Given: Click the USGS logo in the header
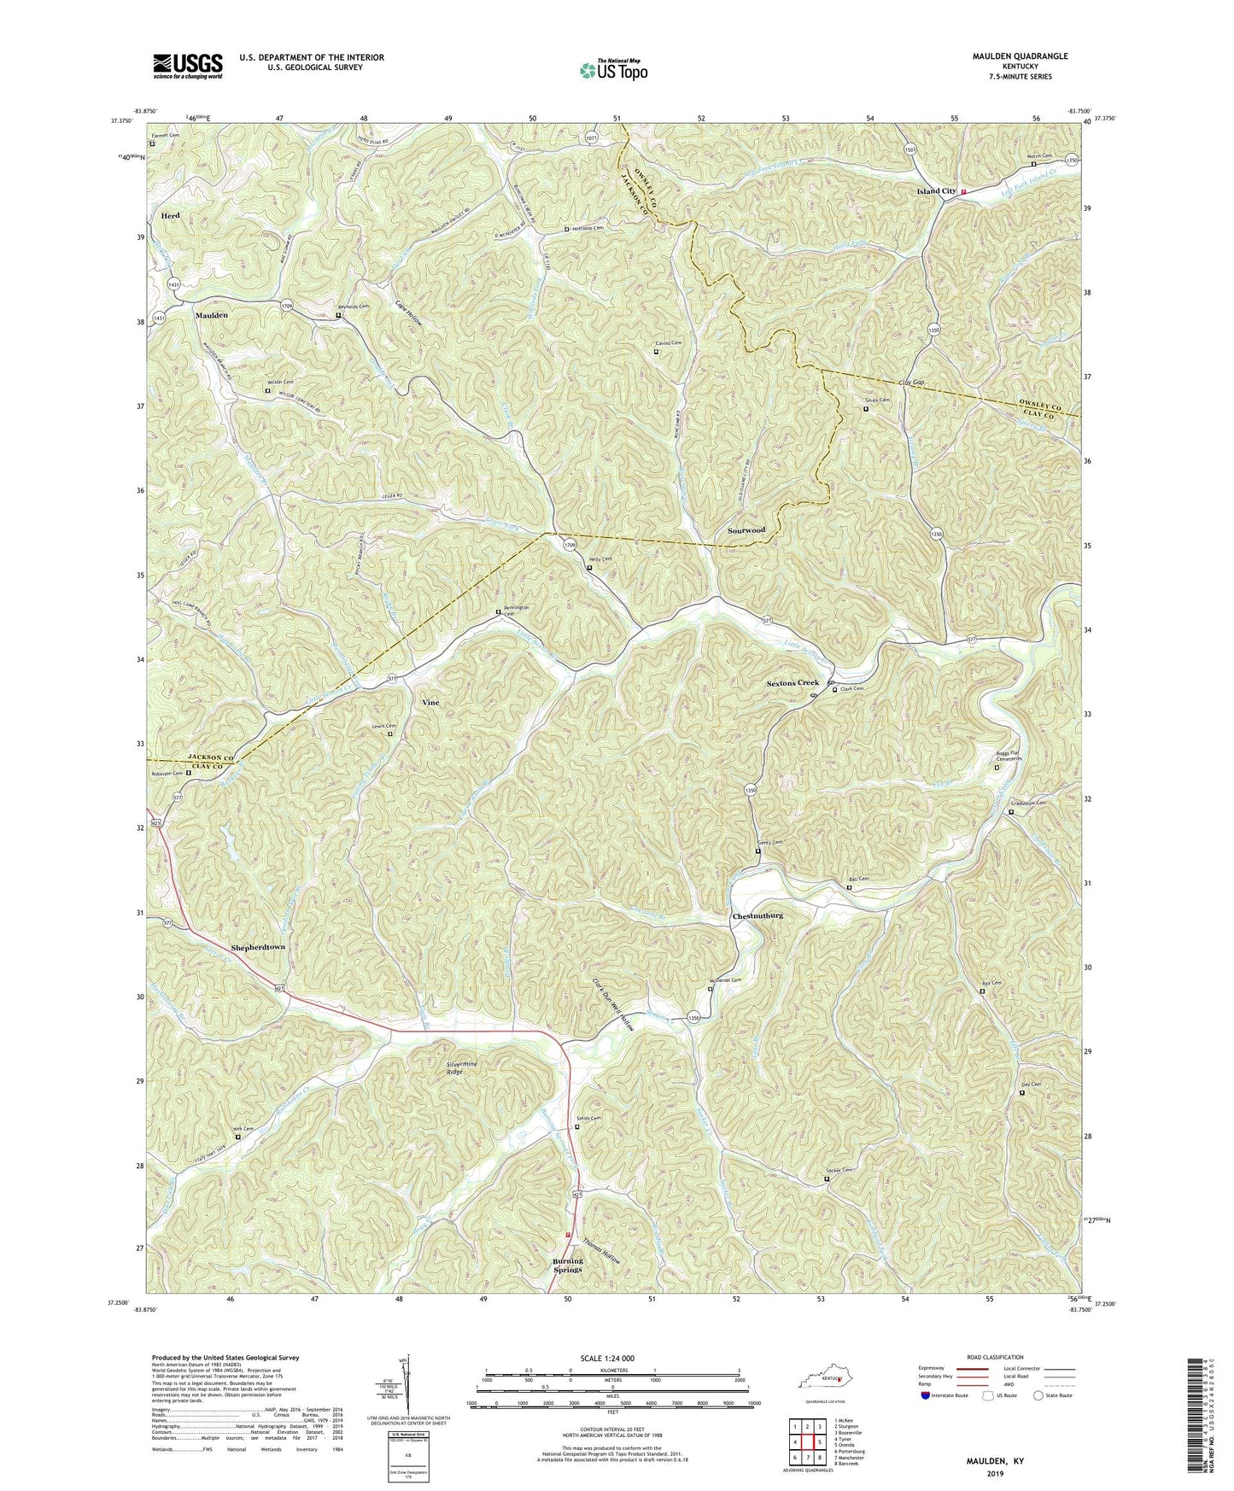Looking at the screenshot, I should click(188, 65).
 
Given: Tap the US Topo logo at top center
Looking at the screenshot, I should click(611, 69).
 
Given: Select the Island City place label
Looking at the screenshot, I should click(936, 191).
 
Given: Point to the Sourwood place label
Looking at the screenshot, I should click(746, 530).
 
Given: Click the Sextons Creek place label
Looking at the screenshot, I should click(792, 683).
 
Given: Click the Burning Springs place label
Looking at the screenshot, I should click(567, 1265).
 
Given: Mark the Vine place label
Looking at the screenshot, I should click(430, 702).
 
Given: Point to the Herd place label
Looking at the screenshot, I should click(170, 216).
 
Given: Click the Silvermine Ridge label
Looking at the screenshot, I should click(465, 1067).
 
